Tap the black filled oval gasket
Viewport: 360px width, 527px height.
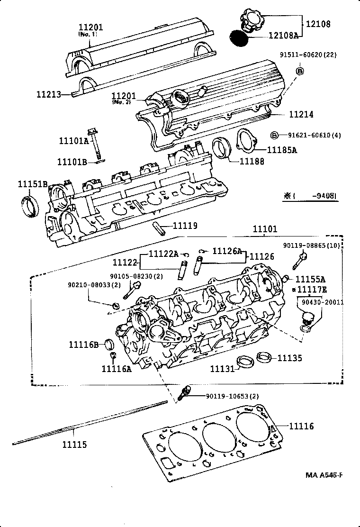239,37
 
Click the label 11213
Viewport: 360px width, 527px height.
49,94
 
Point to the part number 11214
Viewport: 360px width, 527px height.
301,115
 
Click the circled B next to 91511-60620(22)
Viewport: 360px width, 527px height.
300,71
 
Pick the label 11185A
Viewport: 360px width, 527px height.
282,150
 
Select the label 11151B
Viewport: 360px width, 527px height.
33,184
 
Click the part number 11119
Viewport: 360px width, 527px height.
184,226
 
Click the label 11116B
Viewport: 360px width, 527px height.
84,345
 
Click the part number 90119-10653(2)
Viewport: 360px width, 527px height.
232,396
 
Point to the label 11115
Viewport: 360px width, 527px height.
75,445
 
